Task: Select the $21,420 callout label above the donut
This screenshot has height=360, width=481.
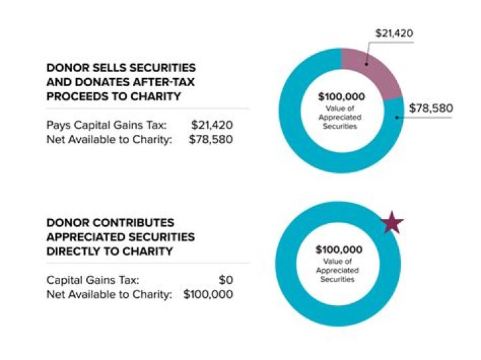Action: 389,33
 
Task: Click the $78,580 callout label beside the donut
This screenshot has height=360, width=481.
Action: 429,108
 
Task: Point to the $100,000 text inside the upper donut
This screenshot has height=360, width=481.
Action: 341,97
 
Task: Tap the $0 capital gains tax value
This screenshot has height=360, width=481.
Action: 225,280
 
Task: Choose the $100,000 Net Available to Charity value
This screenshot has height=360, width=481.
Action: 208,294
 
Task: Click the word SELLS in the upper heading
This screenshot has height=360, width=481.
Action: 104,69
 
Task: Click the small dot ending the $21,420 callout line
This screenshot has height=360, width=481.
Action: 366,64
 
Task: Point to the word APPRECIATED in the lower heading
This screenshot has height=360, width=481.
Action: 84,237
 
